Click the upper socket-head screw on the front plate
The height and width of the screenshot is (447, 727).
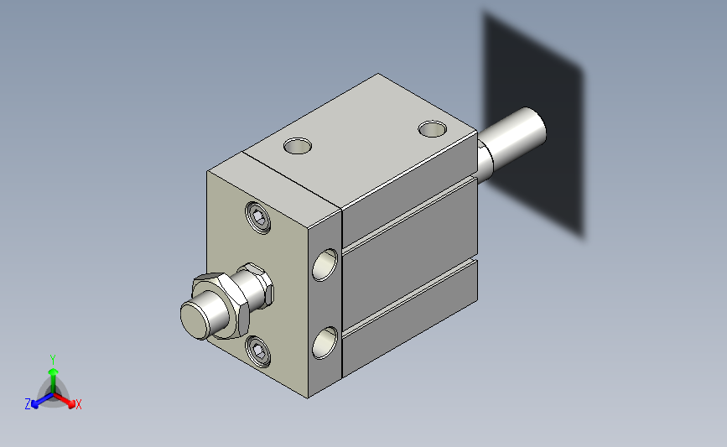tap(258, 217)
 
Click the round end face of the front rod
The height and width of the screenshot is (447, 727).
tap(195, 320)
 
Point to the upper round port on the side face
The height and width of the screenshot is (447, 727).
tap(325, 265)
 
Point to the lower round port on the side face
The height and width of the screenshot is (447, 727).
tap(325, 343)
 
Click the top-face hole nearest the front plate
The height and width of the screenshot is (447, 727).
tap(297, 146)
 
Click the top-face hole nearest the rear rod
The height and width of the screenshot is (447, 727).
tap(432, 129)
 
